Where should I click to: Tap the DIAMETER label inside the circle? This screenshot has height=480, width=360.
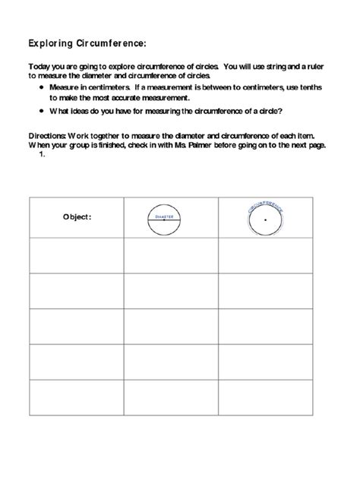click(165, 216)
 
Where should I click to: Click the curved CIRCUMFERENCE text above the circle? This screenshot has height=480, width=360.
click(265, 204)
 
